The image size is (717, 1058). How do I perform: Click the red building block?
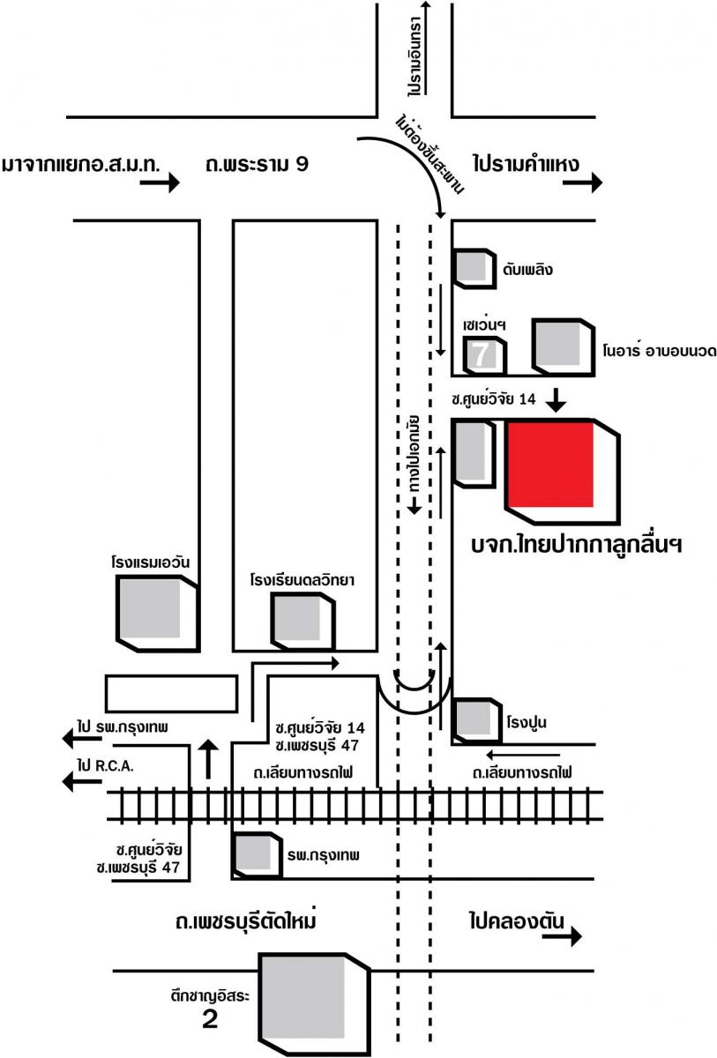551,464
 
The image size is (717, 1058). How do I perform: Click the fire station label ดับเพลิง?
528,269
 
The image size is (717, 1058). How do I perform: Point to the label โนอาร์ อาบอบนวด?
658,351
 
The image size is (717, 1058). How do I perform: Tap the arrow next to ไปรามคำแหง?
584,183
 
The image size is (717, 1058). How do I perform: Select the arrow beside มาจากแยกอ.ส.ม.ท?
160,183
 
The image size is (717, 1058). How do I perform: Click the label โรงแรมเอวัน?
152,561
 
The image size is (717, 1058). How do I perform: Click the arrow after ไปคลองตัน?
562,936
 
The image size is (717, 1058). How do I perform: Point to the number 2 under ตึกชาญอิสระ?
210,1020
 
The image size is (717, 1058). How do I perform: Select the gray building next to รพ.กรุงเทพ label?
257,853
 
